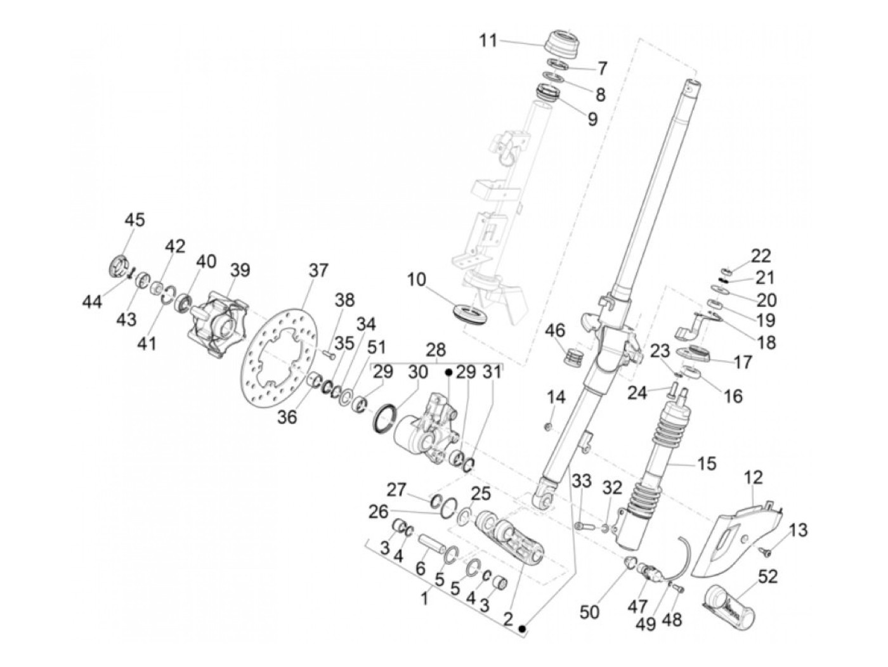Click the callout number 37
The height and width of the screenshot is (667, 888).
tap(319, 271)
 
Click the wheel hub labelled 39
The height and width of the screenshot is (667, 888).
tap(216, 323)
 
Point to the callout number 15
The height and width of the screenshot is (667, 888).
tap(707, 463)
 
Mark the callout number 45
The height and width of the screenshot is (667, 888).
tap(134, 220)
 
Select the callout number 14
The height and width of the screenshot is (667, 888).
tap(556, 398)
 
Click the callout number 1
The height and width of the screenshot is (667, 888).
tap(426, 597)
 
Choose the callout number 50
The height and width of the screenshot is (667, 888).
tap(590, 613)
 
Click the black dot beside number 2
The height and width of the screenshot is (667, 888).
tap(522, 629)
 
